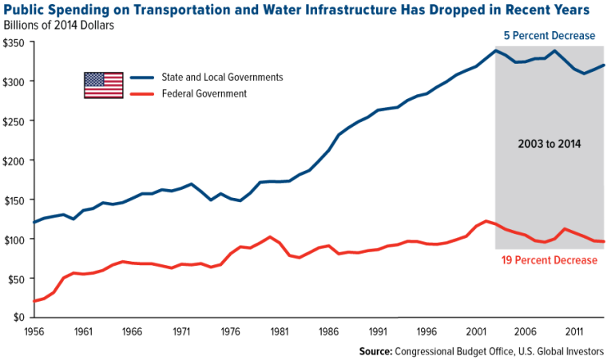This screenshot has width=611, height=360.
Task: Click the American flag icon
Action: click(103, 85)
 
